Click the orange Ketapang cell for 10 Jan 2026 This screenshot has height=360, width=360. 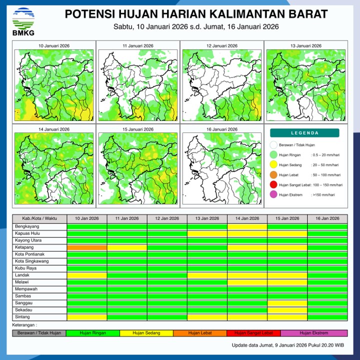click(87, 247)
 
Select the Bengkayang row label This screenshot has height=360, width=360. click(39, 226)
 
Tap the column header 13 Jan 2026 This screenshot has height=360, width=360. click(207, 218)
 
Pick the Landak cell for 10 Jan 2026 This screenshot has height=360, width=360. click(87, 275)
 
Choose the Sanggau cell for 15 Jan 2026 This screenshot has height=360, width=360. click(287, 303)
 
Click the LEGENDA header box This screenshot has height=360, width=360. click(304, 133)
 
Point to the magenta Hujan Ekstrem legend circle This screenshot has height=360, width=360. click(273, 195)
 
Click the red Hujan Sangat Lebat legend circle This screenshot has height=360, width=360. click(273, 185)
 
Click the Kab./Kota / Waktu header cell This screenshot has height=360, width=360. click(39, 218)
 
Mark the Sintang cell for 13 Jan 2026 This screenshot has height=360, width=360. click(207, 317)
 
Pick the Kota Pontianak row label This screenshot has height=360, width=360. click(39, 254)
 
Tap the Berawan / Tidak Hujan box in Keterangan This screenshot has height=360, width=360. click(39, 333)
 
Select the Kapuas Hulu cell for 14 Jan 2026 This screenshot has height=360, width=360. click(247, 233)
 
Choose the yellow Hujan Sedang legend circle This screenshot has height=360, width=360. click(273, 164)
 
